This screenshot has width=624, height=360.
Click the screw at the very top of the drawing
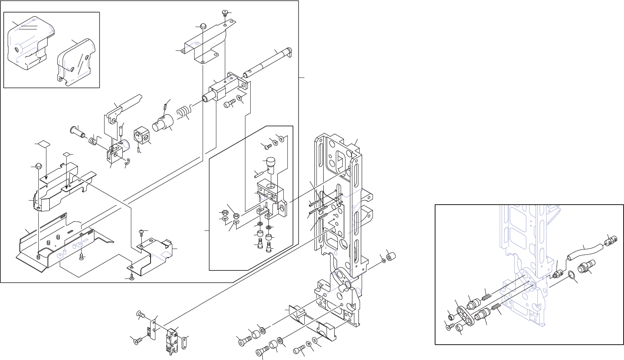pos(224,13)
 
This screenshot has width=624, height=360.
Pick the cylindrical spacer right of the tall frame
pos(390,257)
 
